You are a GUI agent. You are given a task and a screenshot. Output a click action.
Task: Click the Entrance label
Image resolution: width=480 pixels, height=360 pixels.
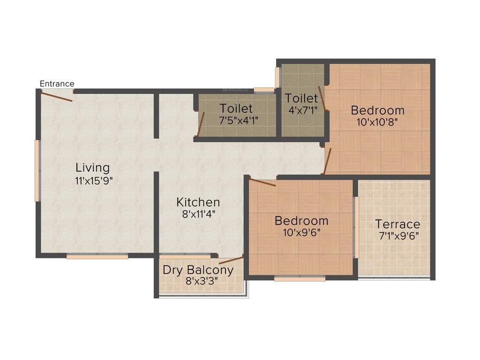[x=57, y=84]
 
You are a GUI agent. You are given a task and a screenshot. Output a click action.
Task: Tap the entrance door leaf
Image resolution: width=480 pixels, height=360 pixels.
[x=56, y=96]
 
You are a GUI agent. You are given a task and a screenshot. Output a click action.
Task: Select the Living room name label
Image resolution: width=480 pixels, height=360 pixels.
[x=92, y=167]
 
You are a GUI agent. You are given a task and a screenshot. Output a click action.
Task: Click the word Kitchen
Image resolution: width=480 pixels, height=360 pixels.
[x=198, y=202]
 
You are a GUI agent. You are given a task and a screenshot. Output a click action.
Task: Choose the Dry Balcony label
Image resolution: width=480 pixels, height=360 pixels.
[x=198, y=270]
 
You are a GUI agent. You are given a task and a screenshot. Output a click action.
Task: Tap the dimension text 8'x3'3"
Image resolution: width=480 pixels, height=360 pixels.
[x=198, y=282]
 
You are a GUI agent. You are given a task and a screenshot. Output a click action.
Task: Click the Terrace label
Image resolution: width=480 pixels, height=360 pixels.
[x=397, y=224]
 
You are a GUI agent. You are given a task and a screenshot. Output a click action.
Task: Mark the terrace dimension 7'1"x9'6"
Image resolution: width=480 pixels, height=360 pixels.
[x=398, y=236]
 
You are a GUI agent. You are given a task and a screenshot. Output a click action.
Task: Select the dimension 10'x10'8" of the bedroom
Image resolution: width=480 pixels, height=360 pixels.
[x=377, y=123]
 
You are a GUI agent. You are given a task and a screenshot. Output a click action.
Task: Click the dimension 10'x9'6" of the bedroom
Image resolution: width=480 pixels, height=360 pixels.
[x=301, y=232]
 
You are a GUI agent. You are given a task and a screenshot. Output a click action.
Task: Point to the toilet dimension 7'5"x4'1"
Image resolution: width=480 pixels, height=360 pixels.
[x=236, y=120]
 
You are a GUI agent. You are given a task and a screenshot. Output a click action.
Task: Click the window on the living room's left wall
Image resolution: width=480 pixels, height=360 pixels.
[x=37, y=171]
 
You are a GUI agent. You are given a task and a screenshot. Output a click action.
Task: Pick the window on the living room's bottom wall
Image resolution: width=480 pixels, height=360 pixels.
[x=97, y=256]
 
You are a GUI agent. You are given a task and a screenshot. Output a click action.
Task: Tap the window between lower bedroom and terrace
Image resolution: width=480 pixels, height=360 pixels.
[x=356, y=227]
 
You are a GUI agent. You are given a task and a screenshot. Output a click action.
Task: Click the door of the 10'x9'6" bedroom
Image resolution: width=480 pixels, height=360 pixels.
[x=262, y=182]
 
